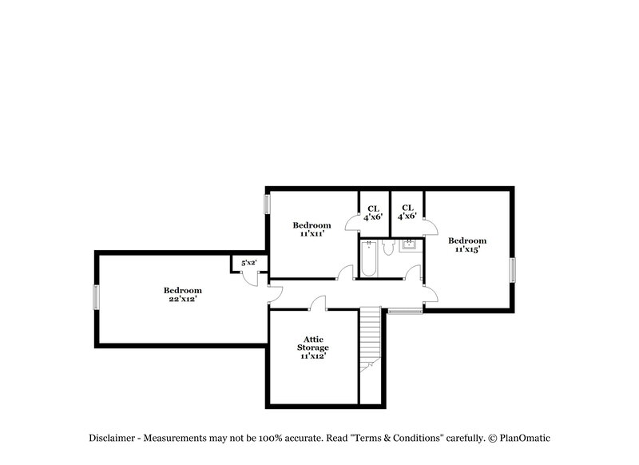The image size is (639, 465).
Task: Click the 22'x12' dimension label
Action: tap(182, 299)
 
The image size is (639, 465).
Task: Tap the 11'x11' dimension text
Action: tap(311, 234)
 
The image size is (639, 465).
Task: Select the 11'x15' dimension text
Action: tap(466, 250)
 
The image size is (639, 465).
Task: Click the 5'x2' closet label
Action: tap(248, 263)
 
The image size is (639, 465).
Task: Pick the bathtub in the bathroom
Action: tap(368, 258)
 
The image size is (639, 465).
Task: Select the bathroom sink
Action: tap(409, 244)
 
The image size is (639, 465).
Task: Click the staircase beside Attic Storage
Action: tap(370, 340)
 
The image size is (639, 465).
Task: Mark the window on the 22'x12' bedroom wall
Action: tap(97, 297)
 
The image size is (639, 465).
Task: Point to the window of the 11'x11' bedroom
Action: tap(268, 203)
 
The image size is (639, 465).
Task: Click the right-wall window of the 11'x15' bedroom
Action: tap(514, 269)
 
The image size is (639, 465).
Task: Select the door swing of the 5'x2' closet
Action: tap(252, 279)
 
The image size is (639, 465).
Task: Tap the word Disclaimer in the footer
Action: tap(111, 438)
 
